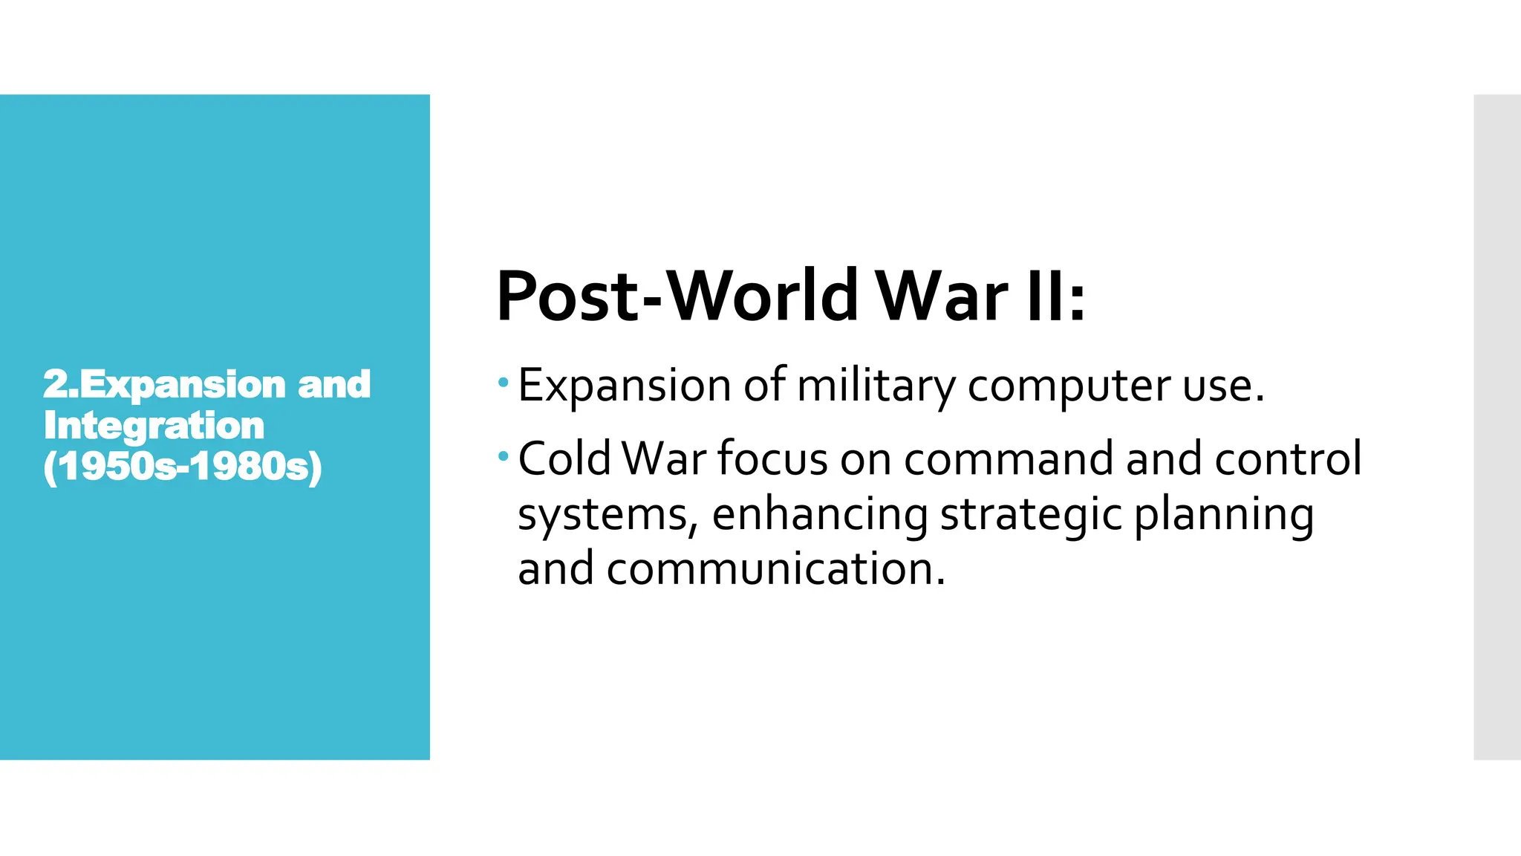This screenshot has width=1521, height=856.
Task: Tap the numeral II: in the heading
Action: [x=1055, y=296]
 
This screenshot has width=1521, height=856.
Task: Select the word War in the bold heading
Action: [x=942, y=296]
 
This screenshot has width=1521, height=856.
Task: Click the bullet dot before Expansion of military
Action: [x=504, y=383]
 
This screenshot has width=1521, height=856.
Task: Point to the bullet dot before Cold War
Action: [x=504, y=455]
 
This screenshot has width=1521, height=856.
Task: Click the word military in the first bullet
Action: [x=876, y=386]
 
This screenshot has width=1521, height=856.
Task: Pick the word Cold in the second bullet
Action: [x=564, y=458]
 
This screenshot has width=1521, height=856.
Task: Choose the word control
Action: [x=1288, y=458]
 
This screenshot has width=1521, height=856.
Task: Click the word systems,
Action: [x=608, y=514]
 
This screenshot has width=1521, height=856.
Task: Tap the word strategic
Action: [x=1031, y=514]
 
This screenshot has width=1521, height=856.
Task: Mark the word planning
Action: [x=1224, y=514]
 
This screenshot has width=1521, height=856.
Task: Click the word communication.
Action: [x=776, y=568]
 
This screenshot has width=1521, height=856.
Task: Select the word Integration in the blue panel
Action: [x=154, y=426]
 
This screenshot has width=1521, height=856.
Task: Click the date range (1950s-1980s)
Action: [x=183, y=467]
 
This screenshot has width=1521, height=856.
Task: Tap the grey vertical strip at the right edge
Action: [x=1497, y=427]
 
